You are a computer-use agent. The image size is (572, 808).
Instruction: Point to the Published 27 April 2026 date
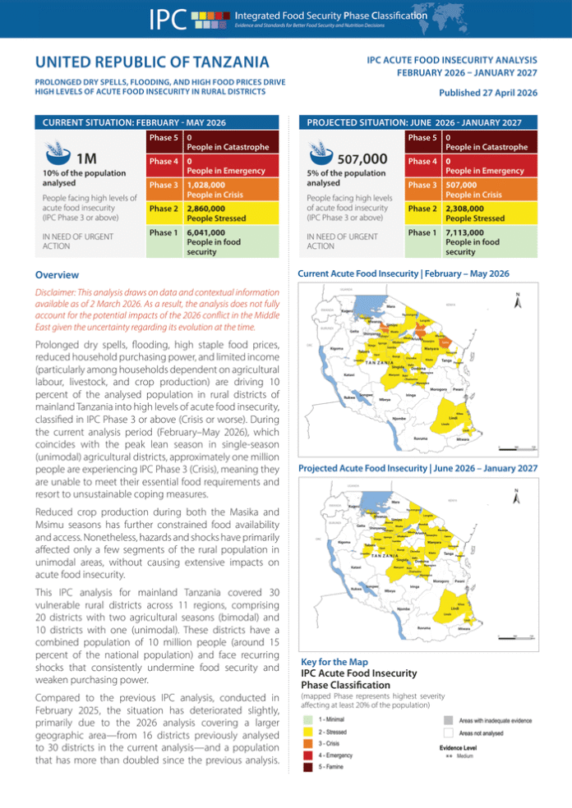click(x=487, y=94)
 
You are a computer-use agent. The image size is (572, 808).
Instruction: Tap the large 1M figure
click(x=88, y=158)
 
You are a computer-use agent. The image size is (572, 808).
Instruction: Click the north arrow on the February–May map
click(x=516, y=301)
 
